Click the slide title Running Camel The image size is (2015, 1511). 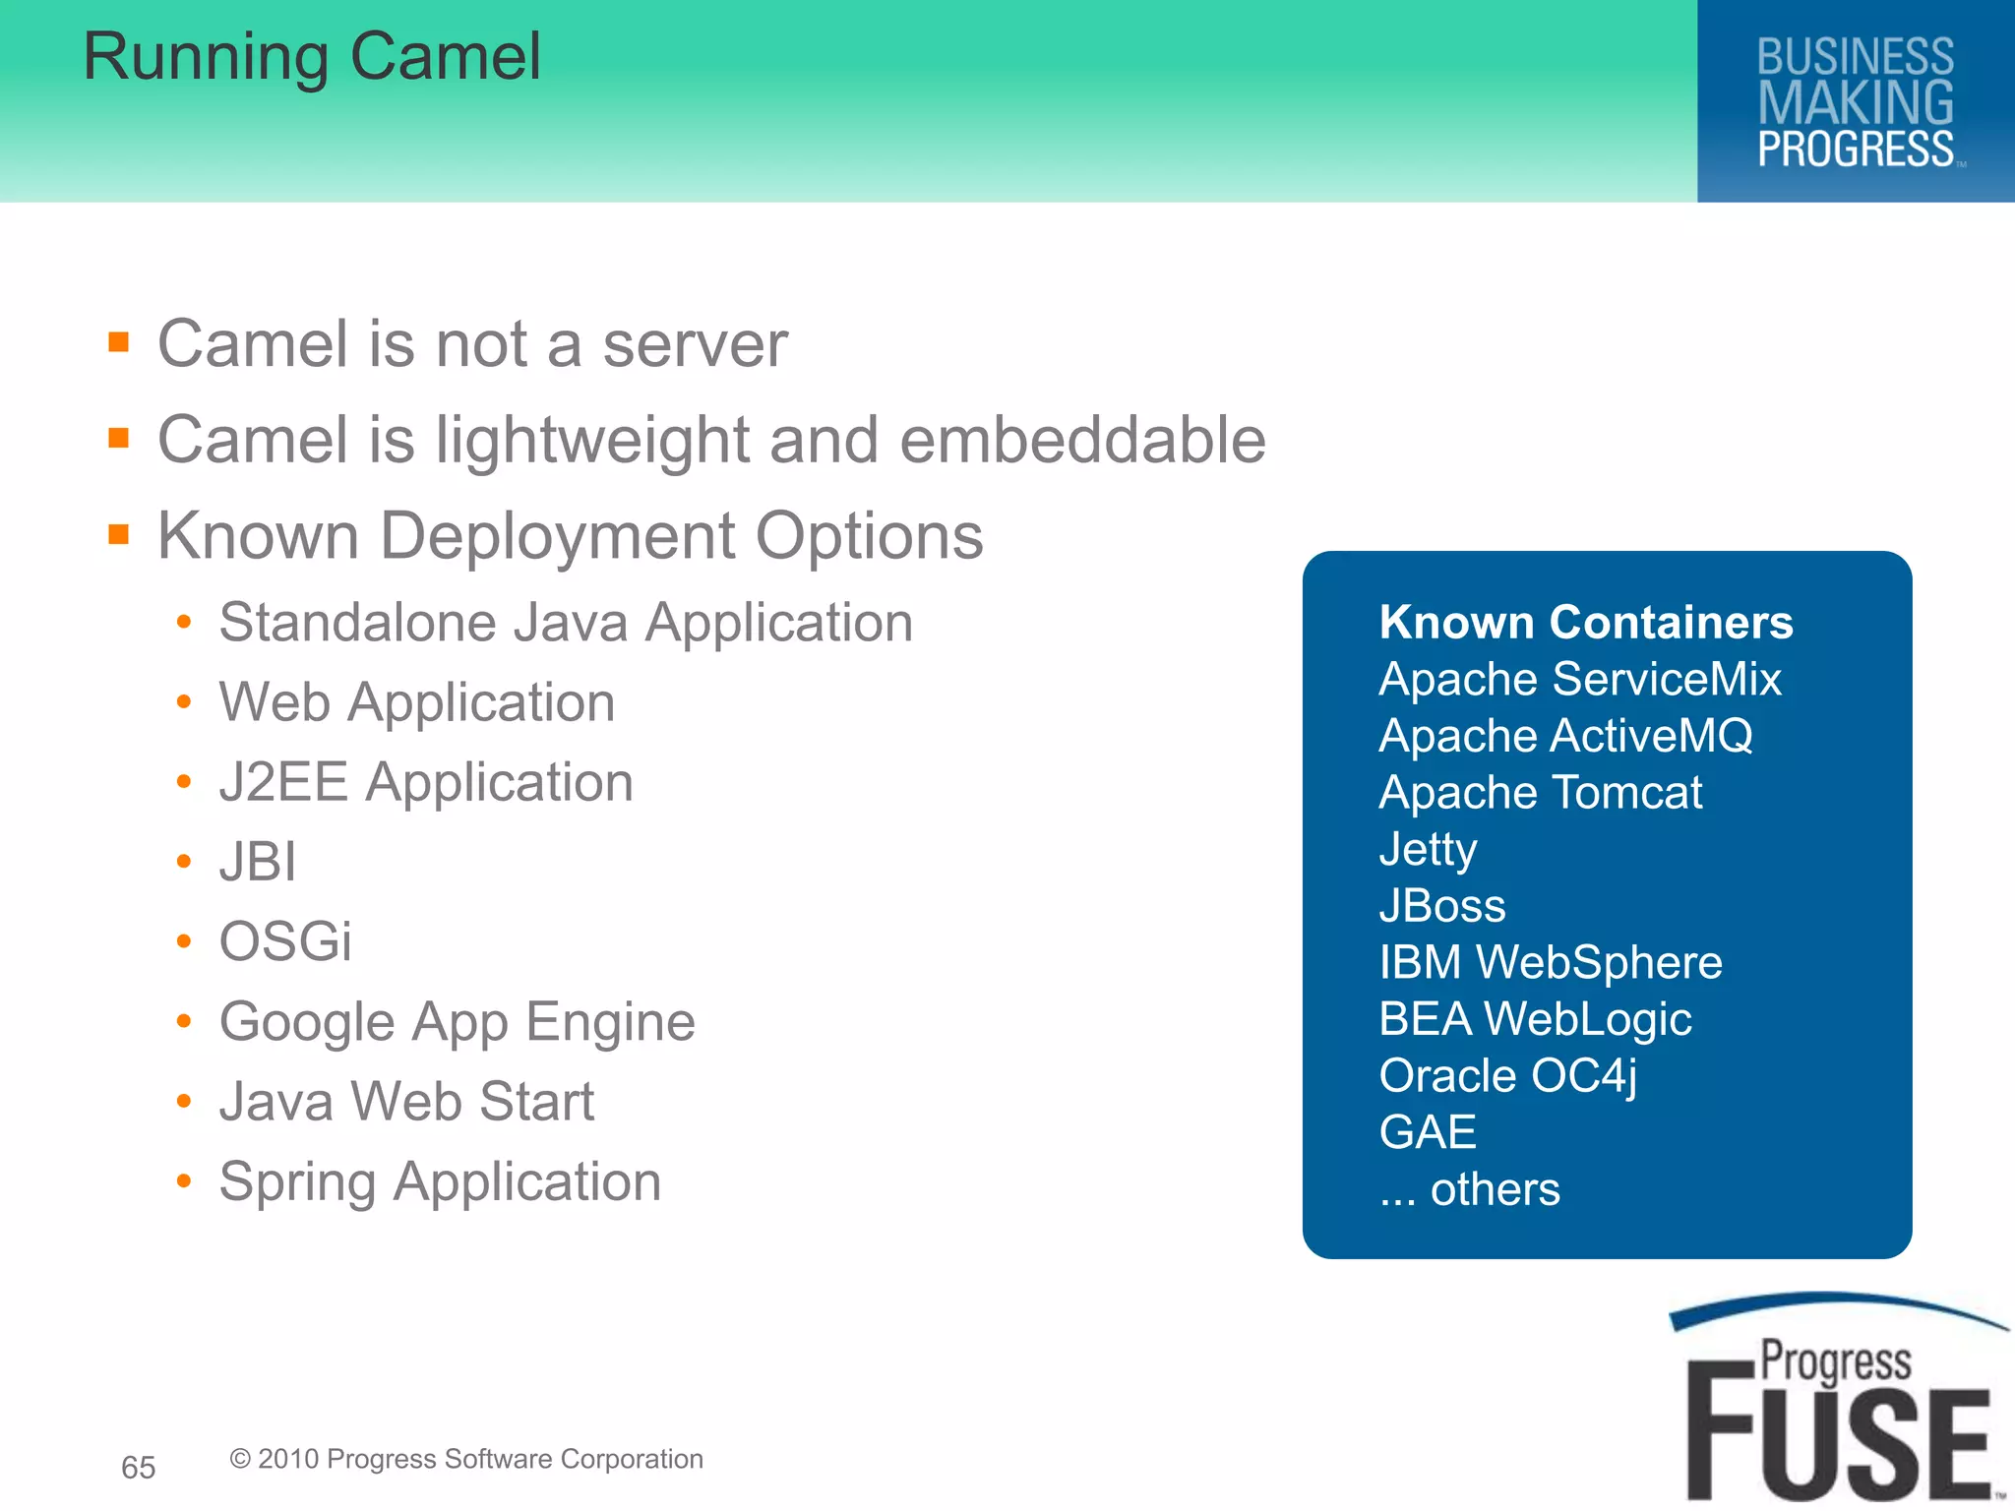312,57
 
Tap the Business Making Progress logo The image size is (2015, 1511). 1856,102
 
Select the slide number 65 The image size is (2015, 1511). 138,1467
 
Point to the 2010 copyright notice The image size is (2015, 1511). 466,1459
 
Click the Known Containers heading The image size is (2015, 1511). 1586,622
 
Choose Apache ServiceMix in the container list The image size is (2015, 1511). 1580,679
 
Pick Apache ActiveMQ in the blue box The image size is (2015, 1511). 1565,736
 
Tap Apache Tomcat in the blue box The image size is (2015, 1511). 1541,792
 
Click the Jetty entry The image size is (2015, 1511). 1428,849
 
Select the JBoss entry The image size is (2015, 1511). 1442,906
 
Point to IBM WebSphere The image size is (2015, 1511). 1551,962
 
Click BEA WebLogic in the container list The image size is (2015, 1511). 1535,1019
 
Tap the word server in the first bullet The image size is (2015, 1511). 695,345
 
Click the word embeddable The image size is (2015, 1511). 1082,440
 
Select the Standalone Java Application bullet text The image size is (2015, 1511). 566,623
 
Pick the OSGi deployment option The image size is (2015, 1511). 285,941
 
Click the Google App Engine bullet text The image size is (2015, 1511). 458,1022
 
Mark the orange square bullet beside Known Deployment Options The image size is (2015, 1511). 119,535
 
